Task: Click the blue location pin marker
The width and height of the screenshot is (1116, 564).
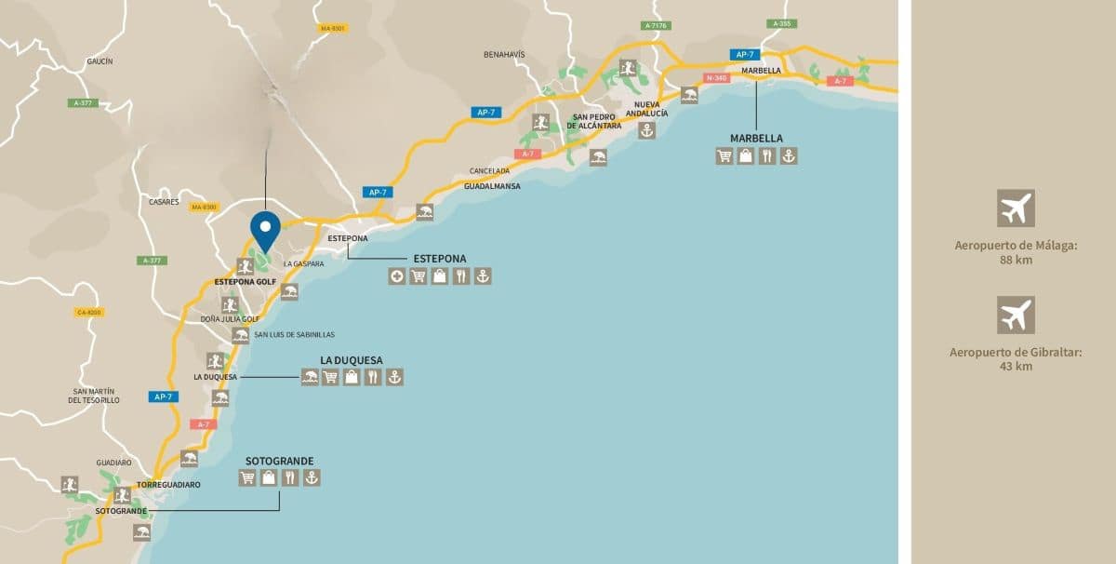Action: click(x=265, y=228)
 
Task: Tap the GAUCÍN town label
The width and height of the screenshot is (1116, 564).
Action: click(x=100, y=61)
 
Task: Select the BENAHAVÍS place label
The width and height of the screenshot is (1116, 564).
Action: click(x=504, y=55)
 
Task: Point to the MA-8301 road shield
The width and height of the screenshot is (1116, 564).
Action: click(x=332, y=29)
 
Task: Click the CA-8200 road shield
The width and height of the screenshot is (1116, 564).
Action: click(x=89, y=313)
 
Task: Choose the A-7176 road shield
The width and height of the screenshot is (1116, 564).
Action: click(x=656, y=26)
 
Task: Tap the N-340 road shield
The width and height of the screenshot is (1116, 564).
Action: click(x=716, y=78)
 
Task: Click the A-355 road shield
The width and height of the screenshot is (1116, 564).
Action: click(x=781, y=23)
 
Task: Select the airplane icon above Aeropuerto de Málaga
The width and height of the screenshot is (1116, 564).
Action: click(x=1016, y=208)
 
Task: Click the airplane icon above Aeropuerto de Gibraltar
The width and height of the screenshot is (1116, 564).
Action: click(x=1016, y=315)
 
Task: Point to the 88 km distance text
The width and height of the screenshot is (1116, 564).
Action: click(x=1016, y=260)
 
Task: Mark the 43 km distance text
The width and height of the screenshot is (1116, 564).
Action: click(x=1016, y=366)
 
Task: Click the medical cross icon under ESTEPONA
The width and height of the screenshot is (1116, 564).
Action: click(x=397, y=276)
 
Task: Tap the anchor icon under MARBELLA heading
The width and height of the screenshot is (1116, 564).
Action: click(x=789, y=156)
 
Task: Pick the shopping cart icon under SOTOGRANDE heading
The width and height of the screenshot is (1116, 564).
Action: click(x=247, y=478)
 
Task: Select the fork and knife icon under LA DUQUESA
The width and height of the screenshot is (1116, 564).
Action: click(x=373, y=377)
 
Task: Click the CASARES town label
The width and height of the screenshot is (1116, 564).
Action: click(x=164, y=202)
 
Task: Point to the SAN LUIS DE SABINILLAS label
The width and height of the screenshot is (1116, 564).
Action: click(x=294, y=334)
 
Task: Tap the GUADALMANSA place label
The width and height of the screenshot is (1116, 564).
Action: click(x=492, y=186)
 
